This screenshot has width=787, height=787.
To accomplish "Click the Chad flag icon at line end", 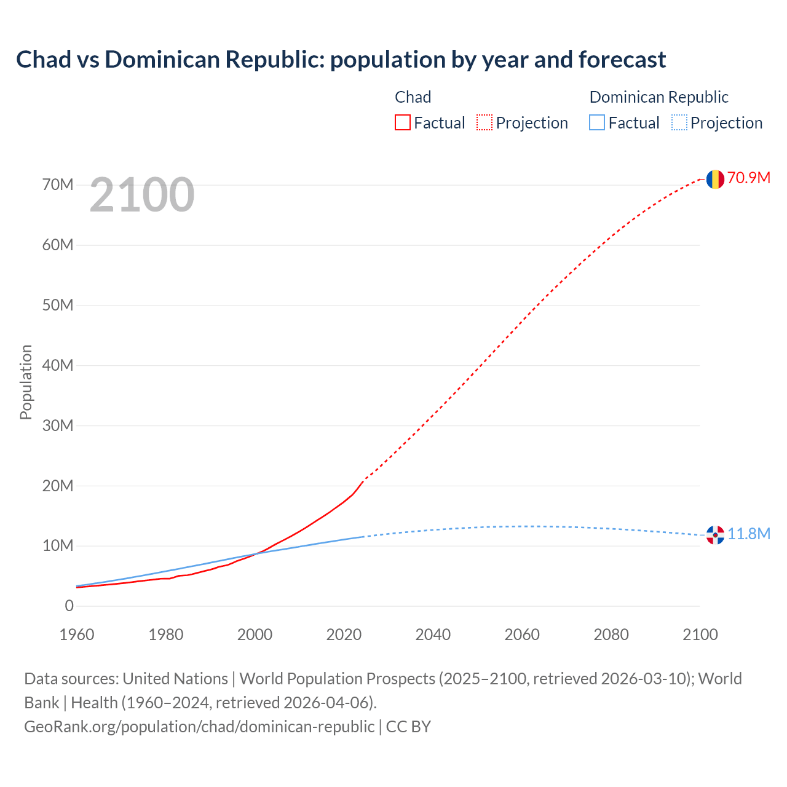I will pos(714,179).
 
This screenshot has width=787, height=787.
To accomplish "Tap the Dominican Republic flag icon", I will pos(714,535).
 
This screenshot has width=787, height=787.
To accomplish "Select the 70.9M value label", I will pos(749,178).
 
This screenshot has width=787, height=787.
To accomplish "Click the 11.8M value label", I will pos(749,534).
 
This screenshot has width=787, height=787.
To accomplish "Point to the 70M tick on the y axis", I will pos(58,184).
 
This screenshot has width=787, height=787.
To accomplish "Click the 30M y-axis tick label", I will pos(58,425).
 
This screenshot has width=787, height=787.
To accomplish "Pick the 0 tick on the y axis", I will pos(69,606).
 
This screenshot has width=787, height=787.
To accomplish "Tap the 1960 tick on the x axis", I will pos(77,635).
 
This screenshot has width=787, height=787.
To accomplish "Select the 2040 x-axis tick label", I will pos(433,635).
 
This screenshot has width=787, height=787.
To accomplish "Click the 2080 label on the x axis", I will pos(611,635).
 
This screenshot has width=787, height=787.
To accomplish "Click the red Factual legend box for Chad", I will pos(403,123).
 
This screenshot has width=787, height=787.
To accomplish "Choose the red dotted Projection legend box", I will pos(484,123).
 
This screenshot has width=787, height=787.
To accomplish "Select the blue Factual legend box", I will pos(597,123).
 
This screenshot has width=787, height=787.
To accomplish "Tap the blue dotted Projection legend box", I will pos(679,123).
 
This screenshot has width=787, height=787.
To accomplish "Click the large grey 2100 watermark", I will pos(142,196).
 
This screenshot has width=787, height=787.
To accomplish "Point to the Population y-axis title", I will pos(26,382).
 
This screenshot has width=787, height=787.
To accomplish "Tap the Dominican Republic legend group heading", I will pos(658,97).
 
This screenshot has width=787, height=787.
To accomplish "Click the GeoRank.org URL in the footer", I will pos(199,727).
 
